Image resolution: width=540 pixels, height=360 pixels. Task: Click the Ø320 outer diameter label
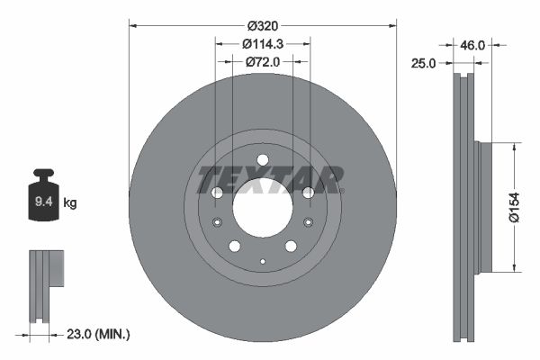262,26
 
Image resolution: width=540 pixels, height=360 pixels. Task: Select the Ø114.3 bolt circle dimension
262,44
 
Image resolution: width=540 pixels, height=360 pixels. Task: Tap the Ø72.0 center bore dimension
263,62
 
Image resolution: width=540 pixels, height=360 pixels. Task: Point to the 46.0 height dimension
473,43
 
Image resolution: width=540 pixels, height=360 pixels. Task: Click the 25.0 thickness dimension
425,63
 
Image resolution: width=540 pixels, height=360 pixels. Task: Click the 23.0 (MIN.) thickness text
98,333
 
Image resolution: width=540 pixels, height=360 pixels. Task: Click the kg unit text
70,204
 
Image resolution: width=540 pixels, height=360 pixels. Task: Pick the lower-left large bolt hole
234,247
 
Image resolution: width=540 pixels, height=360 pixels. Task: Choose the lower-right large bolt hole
291,247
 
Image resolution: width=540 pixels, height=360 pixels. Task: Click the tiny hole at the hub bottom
262,261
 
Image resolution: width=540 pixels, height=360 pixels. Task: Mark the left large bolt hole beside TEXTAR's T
216,193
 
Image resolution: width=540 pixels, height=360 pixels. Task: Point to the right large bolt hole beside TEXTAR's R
308,193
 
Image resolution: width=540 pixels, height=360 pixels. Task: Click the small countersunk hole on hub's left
216,223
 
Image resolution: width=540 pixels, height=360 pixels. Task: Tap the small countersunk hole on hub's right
308,223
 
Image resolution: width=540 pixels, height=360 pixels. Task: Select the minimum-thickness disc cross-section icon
47,284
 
